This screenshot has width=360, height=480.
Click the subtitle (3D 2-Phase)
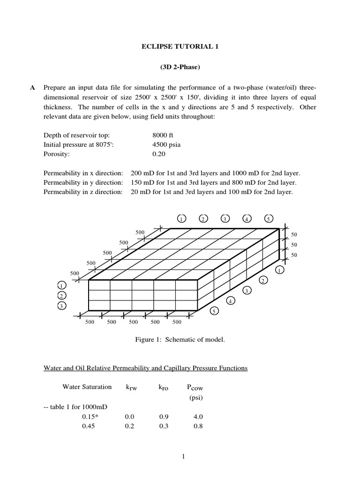point(180,67)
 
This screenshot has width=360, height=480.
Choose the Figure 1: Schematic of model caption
point(180,338)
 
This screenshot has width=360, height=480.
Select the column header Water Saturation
point(87,387)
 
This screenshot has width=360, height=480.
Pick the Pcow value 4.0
point(198,416)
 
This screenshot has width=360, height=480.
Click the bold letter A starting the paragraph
point(33,88)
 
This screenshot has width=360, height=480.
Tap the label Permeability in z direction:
point(83,191)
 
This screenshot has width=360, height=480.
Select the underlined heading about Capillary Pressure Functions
point(145,368)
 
